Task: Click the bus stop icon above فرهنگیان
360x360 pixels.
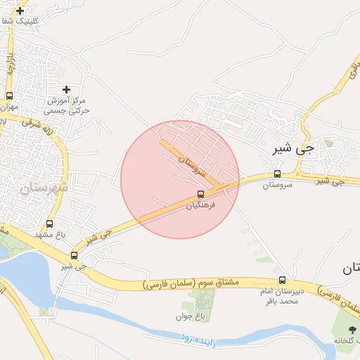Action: [x=201, y=194]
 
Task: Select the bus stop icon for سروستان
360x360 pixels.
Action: [x=277, y=174]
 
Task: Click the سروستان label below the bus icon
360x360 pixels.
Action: [x=277, y=186]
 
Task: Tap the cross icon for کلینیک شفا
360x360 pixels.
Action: [x=20, y=11]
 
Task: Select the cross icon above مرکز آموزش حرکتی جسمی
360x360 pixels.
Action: [x=67, y=89]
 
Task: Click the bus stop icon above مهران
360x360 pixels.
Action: [x=9, y=96]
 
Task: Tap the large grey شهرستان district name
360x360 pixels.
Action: [x=44, y=188]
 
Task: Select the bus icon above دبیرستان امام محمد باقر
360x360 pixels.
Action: [x=282, y=280]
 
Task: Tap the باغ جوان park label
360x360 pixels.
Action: [x=189, y=316]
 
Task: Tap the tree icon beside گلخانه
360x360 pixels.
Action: [x=352, y=330]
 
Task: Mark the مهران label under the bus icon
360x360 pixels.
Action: [x=8, y=108]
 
